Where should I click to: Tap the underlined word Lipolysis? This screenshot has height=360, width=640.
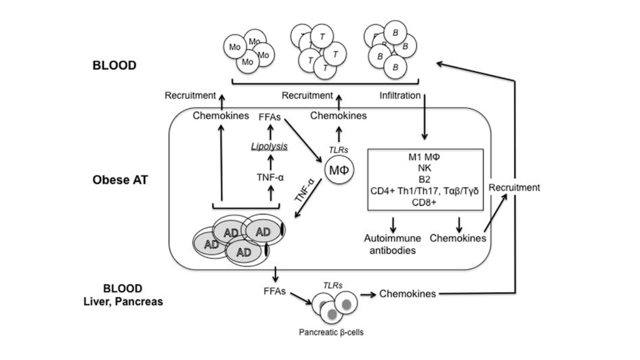[270, 146]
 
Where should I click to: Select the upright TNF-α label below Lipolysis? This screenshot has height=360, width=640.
[271, 176]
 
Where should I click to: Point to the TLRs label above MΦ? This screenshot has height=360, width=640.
[337, 149]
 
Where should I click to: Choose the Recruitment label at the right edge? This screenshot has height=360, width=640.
[514, 187]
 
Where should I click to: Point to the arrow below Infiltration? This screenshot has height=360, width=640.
[424, 120]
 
